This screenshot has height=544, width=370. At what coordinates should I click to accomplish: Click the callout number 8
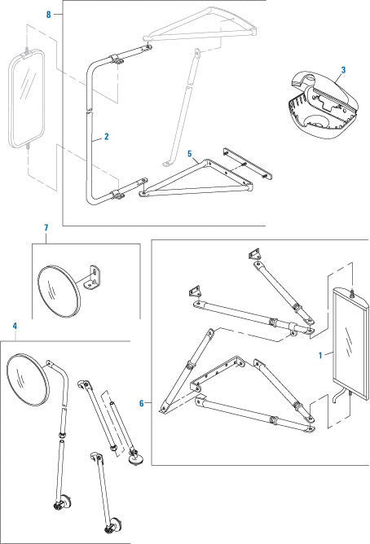click(x=49, y=15)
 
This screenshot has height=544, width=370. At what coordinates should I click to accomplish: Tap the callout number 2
click(x=106, y=136)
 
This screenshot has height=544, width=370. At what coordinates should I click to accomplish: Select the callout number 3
click(x=343, y=70)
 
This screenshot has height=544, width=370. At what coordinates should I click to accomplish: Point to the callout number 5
click(x=190, y=154)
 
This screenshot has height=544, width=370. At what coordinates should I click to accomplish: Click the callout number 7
click(x=46, y=228)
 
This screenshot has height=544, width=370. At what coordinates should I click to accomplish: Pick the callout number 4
click(x=15, y=326)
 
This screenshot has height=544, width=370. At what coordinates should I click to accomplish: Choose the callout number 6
click(x=141, y=403)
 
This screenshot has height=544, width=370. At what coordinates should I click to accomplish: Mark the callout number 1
click(x=320, y=355)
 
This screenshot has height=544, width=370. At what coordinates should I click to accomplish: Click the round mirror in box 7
click(x=59, y=292)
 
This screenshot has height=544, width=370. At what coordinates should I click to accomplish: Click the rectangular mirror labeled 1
click(x=350, y=344)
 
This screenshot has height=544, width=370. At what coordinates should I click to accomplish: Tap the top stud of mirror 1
click(x=351, y=292)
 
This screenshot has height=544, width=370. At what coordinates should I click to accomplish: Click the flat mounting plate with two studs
click(x=247, y=164)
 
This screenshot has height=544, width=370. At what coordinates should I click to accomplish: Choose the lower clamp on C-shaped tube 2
click(x=117, y=195)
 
